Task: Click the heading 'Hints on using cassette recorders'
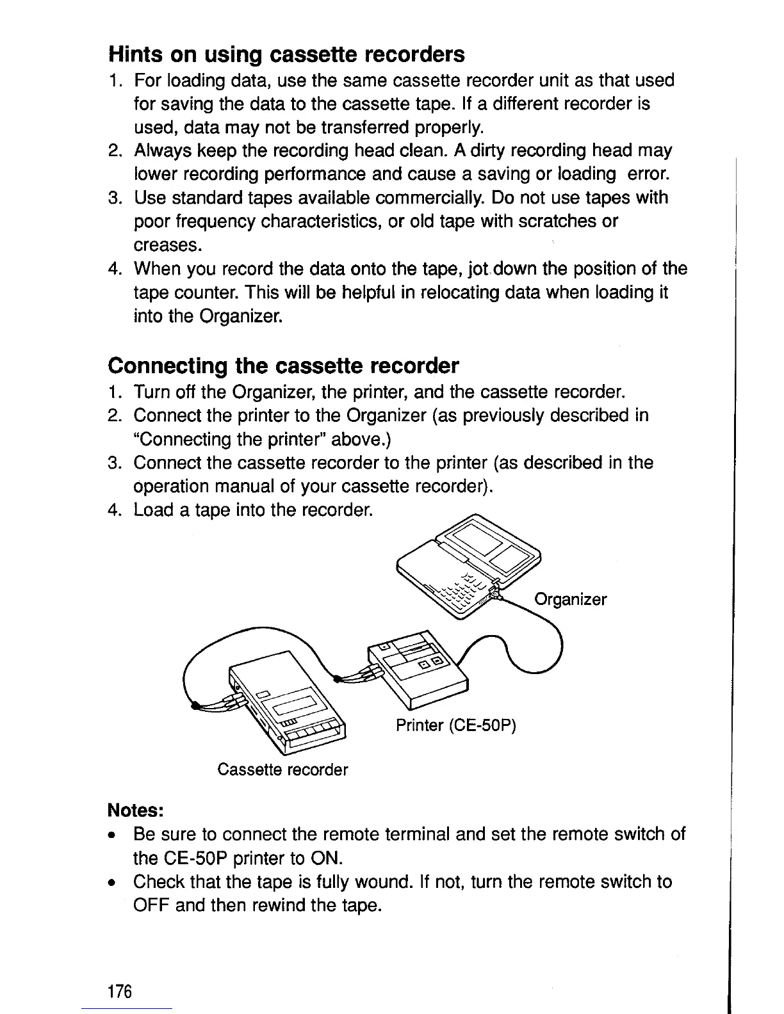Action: pyautogui.click(x=286, y=54)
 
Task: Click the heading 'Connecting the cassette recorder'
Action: pyautogui.click(x=283, y=366)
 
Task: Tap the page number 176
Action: pyautogui.click(x=120, y=992)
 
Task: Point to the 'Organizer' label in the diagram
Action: pyautogui.click(x=570, y=600)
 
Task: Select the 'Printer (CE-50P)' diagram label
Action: pyautogui.click(x=455, y=725)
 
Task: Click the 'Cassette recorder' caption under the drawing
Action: pyautogui.click(x=282, y=769)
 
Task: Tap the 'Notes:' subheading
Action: pyautogui.click(x=137, y=810)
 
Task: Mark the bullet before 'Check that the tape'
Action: pyautogui.click(x=112, y=883)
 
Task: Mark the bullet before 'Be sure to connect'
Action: pyautogui.click(x=112, y=835)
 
